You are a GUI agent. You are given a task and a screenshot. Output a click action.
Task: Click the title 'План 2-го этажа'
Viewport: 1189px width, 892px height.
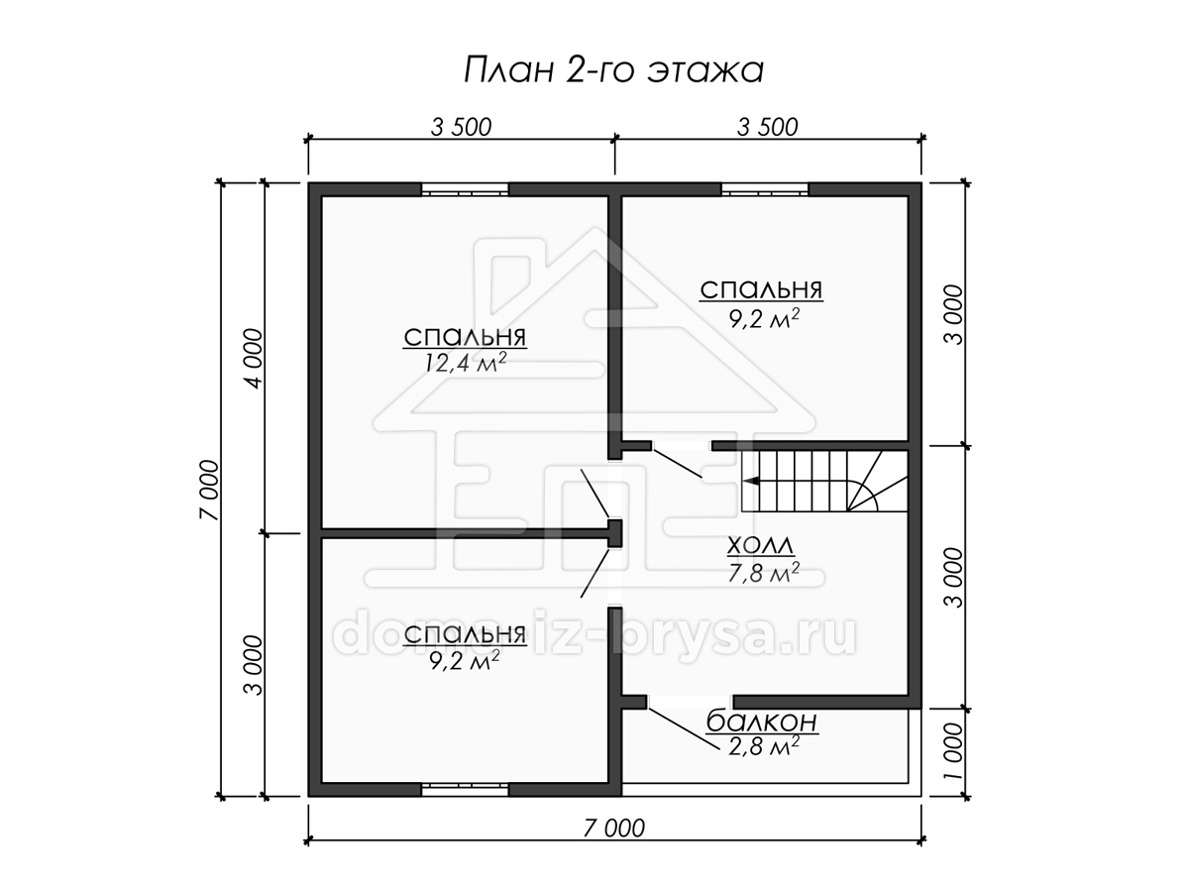[613, 70]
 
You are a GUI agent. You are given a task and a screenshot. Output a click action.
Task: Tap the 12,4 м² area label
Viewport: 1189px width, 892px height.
[465, 363]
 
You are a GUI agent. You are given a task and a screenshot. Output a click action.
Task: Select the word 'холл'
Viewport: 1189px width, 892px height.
[760, 545]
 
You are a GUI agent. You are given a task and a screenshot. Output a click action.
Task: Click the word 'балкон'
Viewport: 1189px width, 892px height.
[762, 722]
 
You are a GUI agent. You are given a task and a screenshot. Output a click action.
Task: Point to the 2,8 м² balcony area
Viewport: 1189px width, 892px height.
[764, 747]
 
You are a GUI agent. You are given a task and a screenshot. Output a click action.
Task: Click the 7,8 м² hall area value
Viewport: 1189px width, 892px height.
[763, 573]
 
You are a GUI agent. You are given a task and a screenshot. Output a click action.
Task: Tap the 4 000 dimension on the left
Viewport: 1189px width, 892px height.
[254, 358]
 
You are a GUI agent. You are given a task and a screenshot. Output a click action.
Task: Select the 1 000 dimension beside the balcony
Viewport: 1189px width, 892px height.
[954, 751]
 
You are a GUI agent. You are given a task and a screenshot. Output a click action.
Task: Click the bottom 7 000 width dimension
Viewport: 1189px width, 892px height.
[613, 829]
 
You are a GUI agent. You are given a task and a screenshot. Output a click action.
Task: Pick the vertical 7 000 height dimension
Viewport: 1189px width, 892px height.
[209, 491]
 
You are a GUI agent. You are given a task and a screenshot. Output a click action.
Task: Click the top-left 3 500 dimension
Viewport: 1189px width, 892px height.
[461, 128]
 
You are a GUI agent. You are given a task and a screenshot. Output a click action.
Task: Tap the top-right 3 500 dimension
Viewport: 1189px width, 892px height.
[768, 128]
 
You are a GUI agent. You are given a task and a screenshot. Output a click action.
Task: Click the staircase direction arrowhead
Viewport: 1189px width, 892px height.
[750, 481]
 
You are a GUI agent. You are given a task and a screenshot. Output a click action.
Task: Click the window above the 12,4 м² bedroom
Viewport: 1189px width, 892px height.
[465, 190]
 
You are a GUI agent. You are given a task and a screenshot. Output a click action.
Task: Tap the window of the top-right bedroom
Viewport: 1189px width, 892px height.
[764, 190]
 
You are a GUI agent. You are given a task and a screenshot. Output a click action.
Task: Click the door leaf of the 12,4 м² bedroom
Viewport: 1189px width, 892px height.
[594, 494]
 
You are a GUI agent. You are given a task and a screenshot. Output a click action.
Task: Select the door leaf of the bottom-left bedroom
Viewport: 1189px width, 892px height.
[594, 574]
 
